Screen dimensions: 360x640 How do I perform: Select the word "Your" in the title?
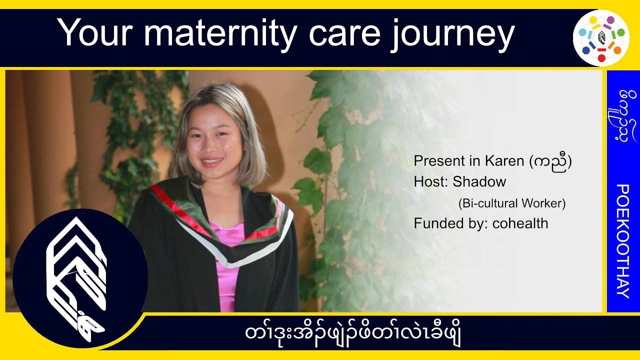click(97, 33)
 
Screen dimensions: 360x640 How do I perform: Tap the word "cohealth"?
click(520, 223)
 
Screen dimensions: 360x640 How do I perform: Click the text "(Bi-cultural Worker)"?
click(511, 203)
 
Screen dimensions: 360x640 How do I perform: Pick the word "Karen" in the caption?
click(503, 161)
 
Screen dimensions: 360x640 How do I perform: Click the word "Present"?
click(439, 161)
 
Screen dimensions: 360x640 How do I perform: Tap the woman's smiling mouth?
click(212, 162)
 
